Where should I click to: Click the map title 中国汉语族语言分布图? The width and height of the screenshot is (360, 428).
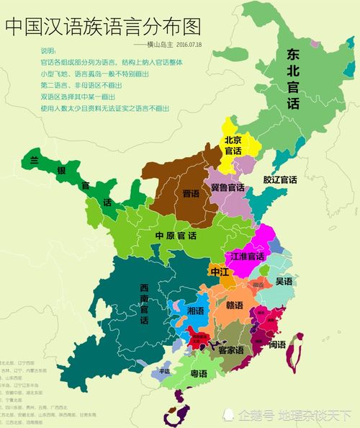102,27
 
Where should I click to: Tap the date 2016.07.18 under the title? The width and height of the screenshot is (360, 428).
189,45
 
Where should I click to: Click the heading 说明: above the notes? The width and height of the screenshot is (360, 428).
48,51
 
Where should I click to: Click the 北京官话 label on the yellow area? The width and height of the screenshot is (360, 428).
233,146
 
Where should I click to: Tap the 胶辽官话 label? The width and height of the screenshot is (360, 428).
279,179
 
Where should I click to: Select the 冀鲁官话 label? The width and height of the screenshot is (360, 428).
228,187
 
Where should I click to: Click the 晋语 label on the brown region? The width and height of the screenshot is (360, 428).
191,194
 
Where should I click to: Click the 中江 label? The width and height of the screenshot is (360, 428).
220,272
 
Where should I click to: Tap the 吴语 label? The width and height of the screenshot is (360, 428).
284,280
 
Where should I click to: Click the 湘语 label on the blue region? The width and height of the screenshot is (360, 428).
195,311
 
